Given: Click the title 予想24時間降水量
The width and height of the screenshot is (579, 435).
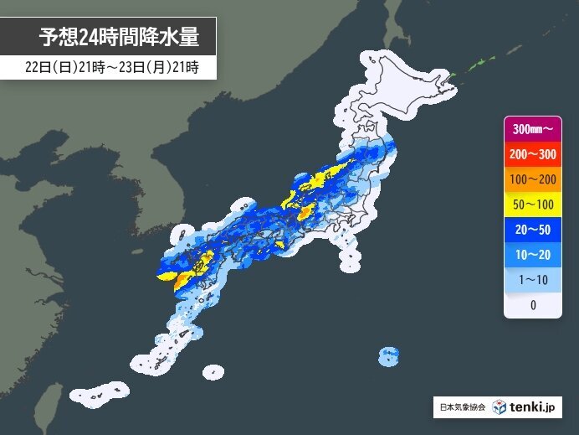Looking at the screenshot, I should pos(120,37).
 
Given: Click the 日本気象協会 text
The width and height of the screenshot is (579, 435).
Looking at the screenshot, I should pos(461,408).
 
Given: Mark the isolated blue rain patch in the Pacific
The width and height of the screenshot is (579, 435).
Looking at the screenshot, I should pos(388,356).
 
